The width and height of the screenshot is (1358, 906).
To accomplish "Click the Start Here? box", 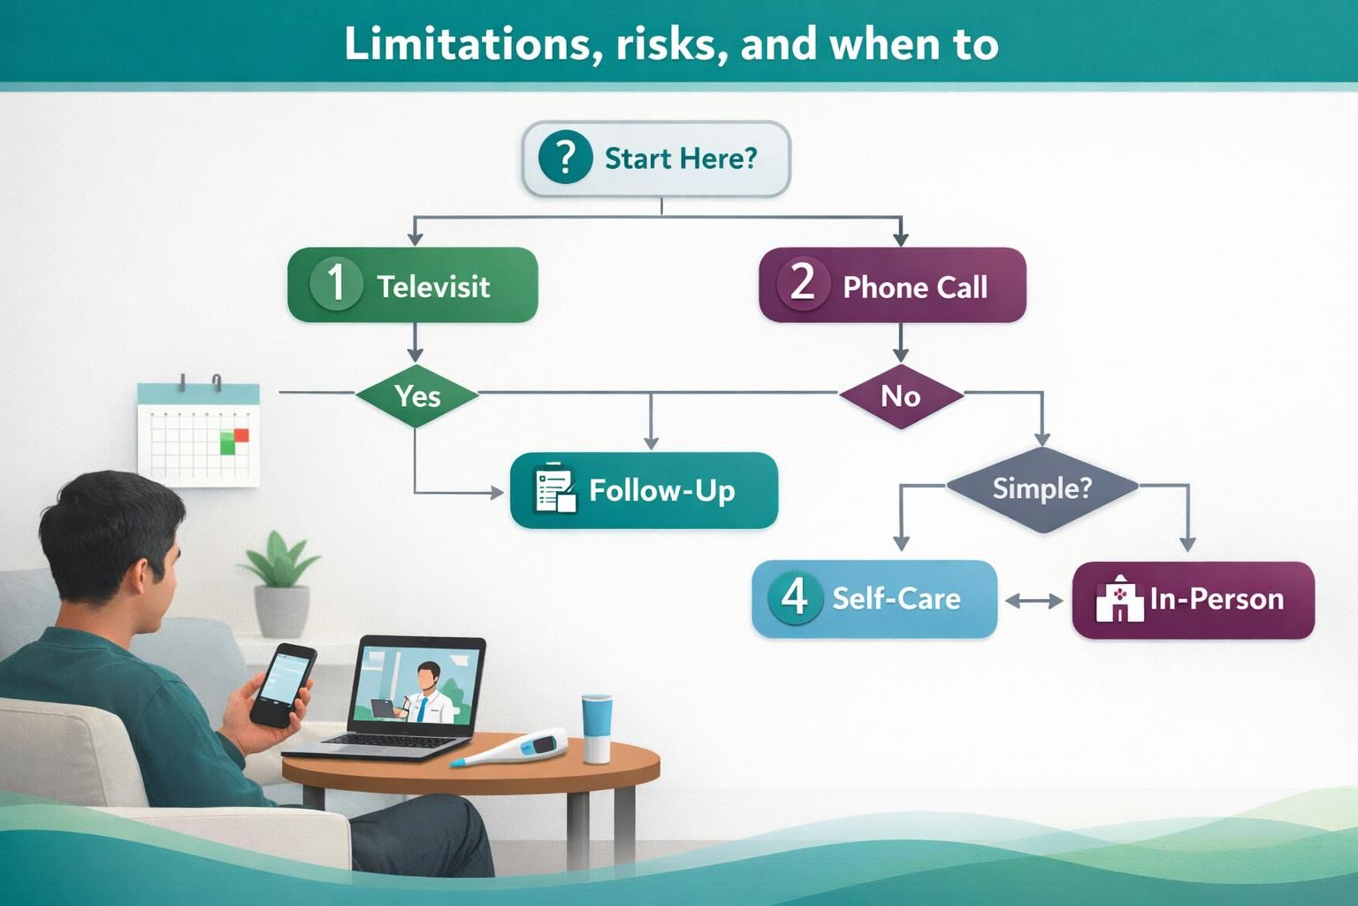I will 656,159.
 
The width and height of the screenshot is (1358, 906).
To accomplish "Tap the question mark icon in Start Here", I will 564,157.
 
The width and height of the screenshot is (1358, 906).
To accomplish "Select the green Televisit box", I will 413,285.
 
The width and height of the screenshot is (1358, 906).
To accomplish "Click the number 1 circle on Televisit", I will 336,284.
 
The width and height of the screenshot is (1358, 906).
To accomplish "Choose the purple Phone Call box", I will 892,285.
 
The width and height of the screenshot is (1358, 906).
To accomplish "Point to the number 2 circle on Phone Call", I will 802,284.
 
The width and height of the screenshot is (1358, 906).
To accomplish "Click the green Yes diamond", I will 416,395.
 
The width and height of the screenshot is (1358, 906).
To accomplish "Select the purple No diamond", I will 900,395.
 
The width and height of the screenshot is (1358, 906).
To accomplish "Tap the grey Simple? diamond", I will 1041,488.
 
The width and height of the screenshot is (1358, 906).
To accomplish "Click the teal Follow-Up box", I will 644,490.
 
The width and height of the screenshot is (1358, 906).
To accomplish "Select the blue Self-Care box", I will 874,598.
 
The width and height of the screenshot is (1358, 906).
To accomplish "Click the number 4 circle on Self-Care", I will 795,597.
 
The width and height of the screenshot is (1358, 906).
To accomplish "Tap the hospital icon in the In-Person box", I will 1119,600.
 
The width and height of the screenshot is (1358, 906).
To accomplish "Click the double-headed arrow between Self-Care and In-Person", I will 1034,601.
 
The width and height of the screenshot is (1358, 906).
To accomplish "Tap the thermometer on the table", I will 513,749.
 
